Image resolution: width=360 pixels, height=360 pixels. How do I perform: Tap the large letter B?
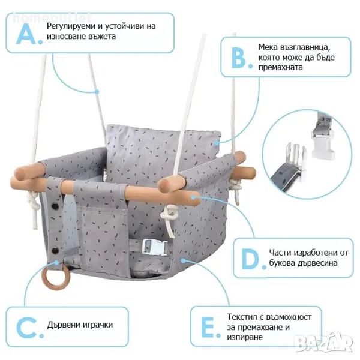(x=239, y=58)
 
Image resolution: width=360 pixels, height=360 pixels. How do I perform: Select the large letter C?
(x=26, y=328)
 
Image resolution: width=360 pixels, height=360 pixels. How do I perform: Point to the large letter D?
(x=250, y=259)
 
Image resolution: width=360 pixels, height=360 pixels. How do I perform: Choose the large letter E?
(x=208, y=327)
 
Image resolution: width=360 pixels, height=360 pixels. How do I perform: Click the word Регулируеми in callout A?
(x=71, y=26)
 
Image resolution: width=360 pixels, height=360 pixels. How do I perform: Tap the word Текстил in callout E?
(x=242, y=317)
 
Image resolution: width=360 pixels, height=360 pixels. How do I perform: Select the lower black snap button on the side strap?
(x=55, y=250)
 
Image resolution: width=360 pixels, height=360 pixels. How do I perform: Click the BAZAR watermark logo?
(x=324, y=343)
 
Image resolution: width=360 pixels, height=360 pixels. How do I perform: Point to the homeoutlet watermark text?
(x=51, y=18)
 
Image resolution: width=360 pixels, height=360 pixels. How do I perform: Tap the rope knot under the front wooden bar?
(x=169, y=216)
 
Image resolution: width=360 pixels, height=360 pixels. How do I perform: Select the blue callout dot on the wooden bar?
(x=194, y=197)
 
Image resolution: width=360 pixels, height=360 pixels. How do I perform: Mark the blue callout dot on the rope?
(x=97, y=92)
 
